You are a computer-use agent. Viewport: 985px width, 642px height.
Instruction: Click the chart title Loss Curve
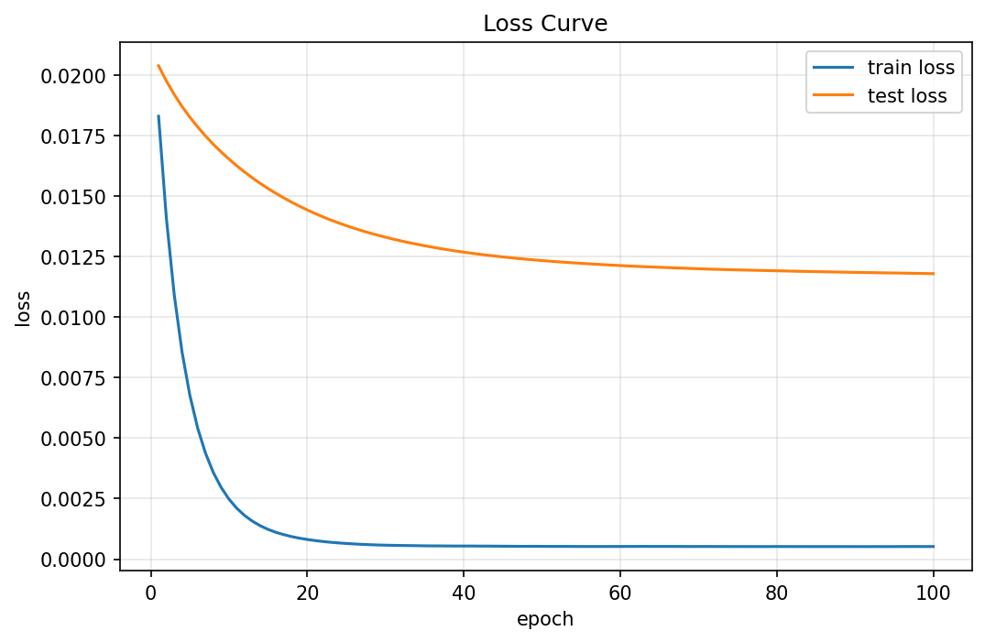coord(545,24)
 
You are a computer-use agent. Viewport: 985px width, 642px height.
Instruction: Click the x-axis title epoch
coord(545,619)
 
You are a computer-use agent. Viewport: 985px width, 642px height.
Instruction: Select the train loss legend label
coord(911,67)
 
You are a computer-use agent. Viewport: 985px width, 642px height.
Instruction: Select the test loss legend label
coord(907,95)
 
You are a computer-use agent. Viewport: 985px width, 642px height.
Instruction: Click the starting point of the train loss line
coord(159,116)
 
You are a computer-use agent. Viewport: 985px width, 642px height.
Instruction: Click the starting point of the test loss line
coord(159,66)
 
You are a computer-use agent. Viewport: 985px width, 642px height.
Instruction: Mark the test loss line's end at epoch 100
coord(933,273)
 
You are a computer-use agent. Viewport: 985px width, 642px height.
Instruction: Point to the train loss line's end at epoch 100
coord(933,547)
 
